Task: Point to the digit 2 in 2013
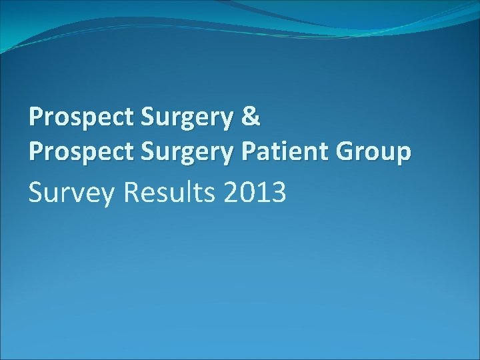230,193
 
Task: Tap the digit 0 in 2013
246,193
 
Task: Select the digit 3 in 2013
277,193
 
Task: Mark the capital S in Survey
37,193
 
